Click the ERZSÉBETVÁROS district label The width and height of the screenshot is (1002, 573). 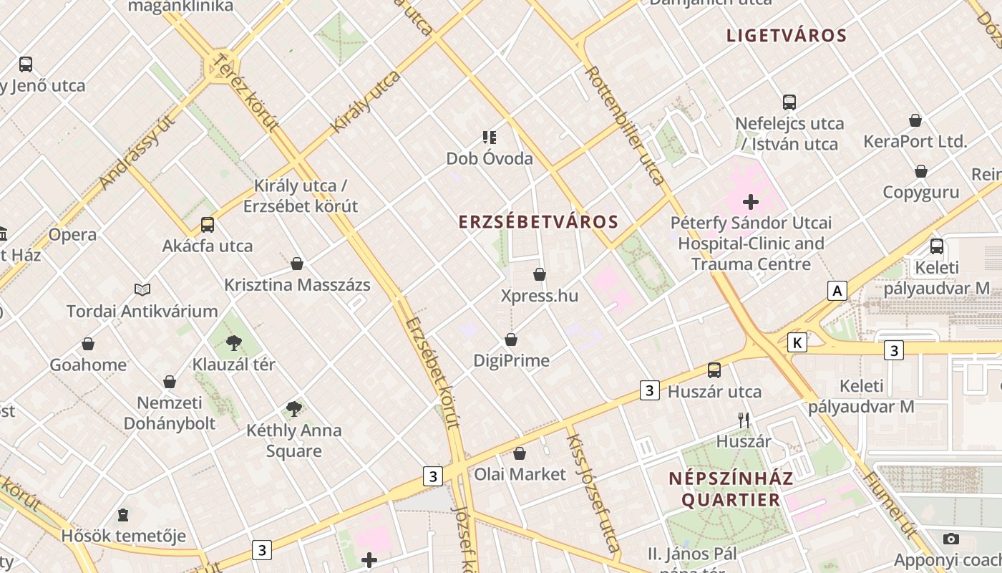tap(538, 222)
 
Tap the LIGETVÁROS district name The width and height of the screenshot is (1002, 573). tap(787, 36)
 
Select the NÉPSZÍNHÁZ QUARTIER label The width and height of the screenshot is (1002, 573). tap(731, 489)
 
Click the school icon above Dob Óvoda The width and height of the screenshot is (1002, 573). tap(490, 138)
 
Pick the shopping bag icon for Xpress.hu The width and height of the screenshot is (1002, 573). tap(540, 274)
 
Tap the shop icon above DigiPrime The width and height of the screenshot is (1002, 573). tap(511, 339)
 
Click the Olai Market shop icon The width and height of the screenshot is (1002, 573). tap(520, 453)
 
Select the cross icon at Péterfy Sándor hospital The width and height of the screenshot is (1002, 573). tap(750, 202)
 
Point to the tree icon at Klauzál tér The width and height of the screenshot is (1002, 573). tap(233, 343)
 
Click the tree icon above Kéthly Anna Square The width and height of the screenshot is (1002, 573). tap(293, 409)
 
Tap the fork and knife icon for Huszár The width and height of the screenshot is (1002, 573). tap(744, 420)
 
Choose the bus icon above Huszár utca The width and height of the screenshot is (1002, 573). tap(714, 370)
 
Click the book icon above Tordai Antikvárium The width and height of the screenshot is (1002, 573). tap(142, 290)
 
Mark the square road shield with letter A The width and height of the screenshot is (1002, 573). tap(837, 291)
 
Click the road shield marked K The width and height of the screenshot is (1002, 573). tap(797, 343)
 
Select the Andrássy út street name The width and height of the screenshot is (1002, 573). tap(137, 153)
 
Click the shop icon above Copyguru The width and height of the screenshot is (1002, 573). tap(921, 171)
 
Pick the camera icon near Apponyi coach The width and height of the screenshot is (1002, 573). tap(951, 539)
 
